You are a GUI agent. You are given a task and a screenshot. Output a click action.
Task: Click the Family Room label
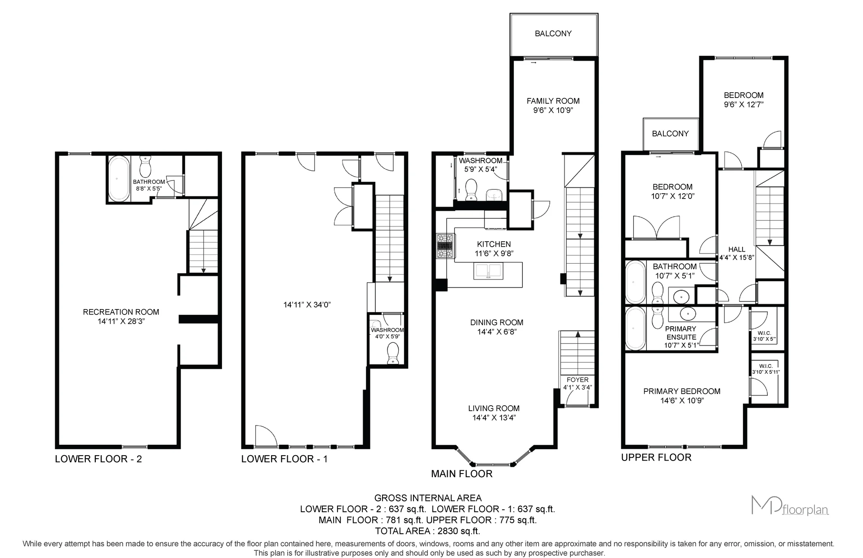pos(553,106)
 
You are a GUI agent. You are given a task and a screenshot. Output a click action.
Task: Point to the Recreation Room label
pos(121,316)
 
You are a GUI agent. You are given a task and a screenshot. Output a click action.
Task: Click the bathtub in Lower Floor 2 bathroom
pos(119,178)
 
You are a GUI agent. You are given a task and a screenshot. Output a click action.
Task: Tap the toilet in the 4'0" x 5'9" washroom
pos(393,354)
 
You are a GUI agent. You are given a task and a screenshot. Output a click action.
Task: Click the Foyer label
pos(578,383)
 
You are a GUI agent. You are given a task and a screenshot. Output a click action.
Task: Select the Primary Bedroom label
pos(682,396)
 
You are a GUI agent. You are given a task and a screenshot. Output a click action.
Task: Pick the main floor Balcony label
pos(553,33)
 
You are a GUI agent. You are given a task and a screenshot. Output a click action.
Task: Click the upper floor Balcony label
pos(670,133)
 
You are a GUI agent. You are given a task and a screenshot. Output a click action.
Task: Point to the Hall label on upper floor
pos(737,253)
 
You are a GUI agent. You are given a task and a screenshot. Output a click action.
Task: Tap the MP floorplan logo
pos(790,505)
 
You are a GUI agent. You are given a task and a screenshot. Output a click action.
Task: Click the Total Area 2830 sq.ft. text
pos(427,531)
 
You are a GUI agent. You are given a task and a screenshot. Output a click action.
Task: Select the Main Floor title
pos(462,474)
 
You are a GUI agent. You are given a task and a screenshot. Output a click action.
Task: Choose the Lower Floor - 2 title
pos(98,459)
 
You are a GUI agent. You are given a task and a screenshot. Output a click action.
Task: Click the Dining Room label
pos(497,327)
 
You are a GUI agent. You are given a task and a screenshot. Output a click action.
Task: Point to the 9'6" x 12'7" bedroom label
pos(743,100)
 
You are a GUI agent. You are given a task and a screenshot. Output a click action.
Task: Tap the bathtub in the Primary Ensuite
pos(636,328)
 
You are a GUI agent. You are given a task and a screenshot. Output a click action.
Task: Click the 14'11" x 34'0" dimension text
pos(307,305)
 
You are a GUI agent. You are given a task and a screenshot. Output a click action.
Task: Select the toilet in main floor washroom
pos(471,189)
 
